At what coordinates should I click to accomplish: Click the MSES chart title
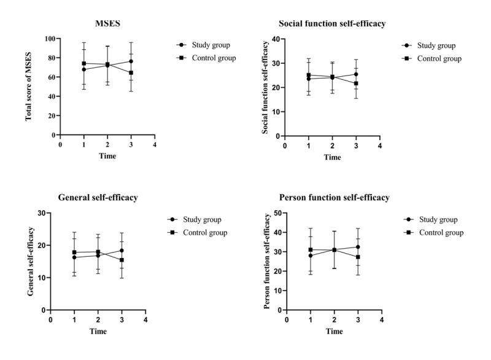pos(107,24)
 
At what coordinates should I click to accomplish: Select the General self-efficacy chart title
pos(98,198)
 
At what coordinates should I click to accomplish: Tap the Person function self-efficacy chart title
pos(334,198)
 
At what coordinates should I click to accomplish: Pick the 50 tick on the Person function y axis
pos(277,213)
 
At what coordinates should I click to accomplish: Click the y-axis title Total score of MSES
pos(29,86)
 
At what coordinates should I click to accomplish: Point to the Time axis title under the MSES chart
pos(107,156)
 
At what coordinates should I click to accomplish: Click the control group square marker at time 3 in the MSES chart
pos(131,72)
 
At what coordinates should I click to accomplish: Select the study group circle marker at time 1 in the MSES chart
pos(84,69)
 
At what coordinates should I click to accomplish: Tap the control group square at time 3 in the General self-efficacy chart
pos(122,260)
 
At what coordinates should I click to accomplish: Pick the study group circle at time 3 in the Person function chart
pos(358,247)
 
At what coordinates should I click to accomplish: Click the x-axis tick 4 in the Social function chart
pos(380,146)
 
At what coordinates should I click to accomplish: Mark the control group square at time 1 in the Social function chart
pos(309,75)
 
